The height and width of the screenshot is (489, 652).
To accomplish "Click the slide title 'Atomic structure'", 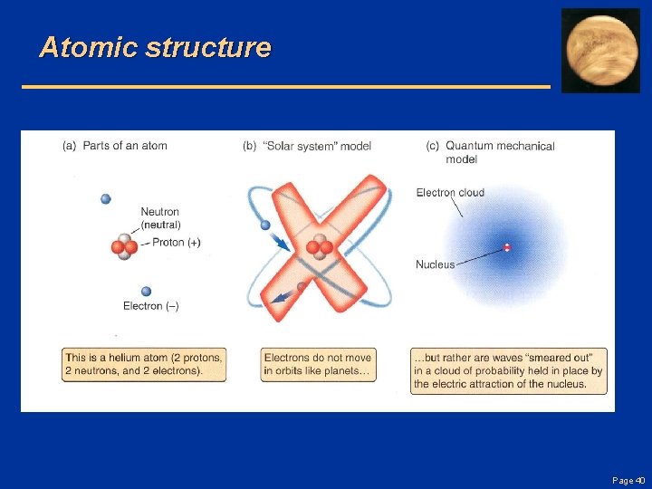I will pos(155,47).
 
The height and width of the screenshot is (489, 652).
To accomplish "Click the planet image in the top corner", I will pos(600,51).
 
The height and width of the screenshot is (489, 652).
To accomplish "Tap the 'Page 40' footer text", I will pos(628,480).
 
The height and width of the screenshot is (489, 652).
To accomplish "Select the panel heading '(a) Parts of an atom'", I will pos(115,146).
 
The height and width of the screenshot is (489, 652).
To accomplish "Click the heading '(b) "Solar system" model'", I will pos(307,146).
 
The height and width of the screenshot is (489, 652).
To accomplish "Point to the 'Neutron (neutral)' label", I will pos(160,218).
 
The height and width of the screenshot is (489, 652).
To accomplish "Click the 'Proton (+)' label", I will pos(176,243).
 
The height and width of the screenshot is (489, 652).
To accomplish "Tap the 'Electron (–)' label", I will pos(150,306).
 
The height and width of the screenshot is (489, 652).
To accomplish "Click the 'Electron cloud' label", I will pos(450,192).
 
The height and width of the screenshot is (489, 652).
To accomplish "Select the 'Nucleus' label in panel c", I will pos(435,264).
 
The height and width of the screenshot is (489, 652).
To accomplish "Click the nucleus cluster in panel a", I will pos(124,247).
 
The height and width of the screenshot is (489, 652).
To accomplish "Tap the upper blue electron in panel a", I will pos(106,199).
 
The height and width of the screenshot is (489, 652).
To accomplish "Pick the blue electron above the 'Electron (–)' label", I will pos(146,292).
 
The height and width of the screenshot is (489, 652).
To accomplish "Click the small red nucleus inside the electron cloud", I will pos(507,247).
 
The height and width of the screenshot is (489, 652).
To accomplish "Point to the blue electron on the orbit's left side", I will pos(265,225).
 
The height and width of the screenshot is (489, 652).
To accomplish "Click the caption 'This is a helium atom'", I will pos(143,364).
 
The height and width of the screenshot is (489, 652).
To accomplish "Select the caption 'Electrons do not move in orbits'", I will pos(318,364).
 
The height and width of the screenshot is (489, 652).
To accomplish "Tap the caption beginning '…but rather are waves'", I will pos(508,371).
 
